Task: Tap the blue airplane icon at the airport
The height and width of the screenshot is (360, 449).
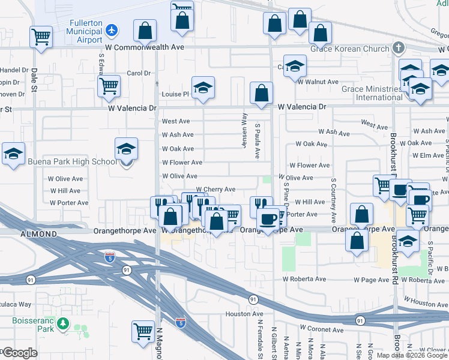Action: [x=111, y=29]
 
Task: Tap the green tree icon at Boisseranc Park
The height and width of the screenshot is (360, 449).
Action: [x=63, y=325]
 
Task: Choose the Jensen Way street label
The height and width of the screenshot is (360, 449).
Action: [x=244, y=127]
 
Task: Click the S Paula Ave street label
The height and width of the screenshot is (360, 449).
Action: [x=257, y=142]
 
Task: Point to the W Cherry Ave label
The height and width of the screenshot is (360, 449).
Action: [x=215, y=190]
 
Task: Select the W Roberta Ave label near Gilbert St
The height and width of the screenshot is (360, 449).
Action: [x=304, y=279]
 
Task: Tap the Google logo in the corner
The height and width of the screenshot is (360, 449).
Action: [x=20, y=353]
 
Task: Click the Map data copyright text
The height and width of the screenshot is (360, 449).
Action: [x=412, y=355]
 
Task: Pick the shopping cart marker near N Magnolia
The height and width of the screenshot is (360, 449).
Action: [x=143, y=331]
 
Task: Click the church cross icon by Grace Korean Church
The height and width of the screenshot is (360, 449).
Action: [x=398, y=47]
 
